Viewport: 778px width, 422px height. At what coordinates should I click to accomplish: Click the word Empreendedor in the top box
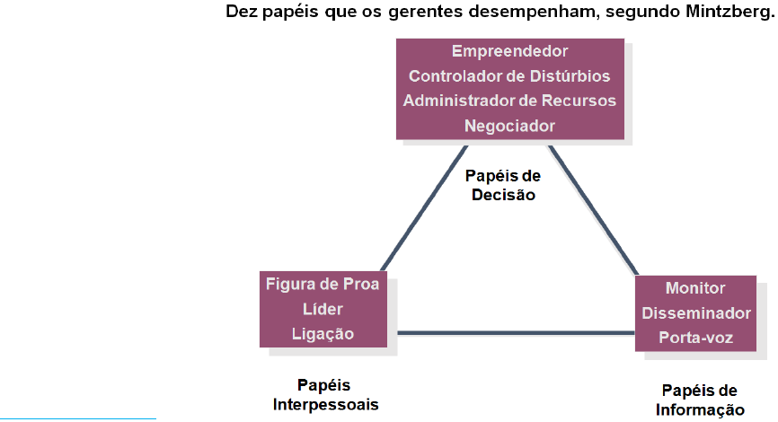click(509, 51)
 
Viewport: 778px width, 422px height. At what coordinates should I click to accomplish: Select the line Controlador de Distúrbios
click(509, 75)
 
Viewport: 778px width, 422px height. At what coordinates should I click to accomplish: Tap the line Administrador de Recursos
click(509, 100)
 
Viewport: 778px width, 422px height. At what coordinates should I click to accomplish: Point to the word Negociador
click(509, 125)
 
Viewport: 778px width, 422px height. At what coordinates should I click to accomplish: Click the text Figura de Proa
click(323, 284)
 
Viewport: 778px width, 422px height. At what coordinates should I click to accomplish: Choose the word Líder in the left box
click(323, 309)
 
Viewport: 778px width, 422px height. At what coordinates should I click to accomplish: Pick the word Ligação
click(323, 334)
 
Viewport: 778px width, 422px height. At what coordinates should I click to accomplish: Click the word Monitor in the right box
click(695, 288)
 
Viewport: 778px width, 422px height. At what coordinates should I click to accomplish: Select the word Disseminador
click(695, 313)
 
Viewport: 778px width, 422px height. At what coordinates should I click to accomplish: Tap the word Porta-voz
click(695, 338)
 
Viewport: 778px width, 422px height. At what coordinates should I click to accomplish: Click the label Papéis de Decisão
click(503, 184)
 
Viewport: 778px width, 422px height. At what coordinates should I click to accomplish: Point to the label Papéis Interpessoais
click(325, 395)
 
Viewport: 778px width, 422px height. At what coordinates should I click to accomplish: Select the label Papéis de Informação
click(700, 400)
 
